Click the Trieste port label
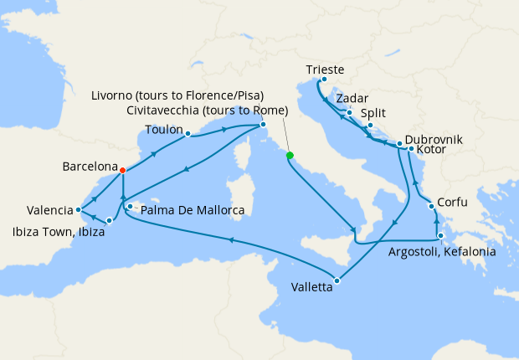(326, 69)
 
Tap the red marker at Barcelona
(123, 170)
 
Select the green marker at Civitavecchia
(290, 155)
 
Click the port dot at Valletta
(337, 280)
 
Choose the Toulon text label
(164, 131)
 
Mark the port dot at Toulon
(188, 133)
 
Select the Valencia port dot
(78, 209)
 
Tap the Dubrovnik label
(434, 140)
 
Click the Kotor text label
(431, 151)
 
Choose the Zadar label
(352, 99)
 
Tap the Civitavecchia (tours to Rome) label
(208, 111)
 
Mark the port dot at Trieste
(323, 80)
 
